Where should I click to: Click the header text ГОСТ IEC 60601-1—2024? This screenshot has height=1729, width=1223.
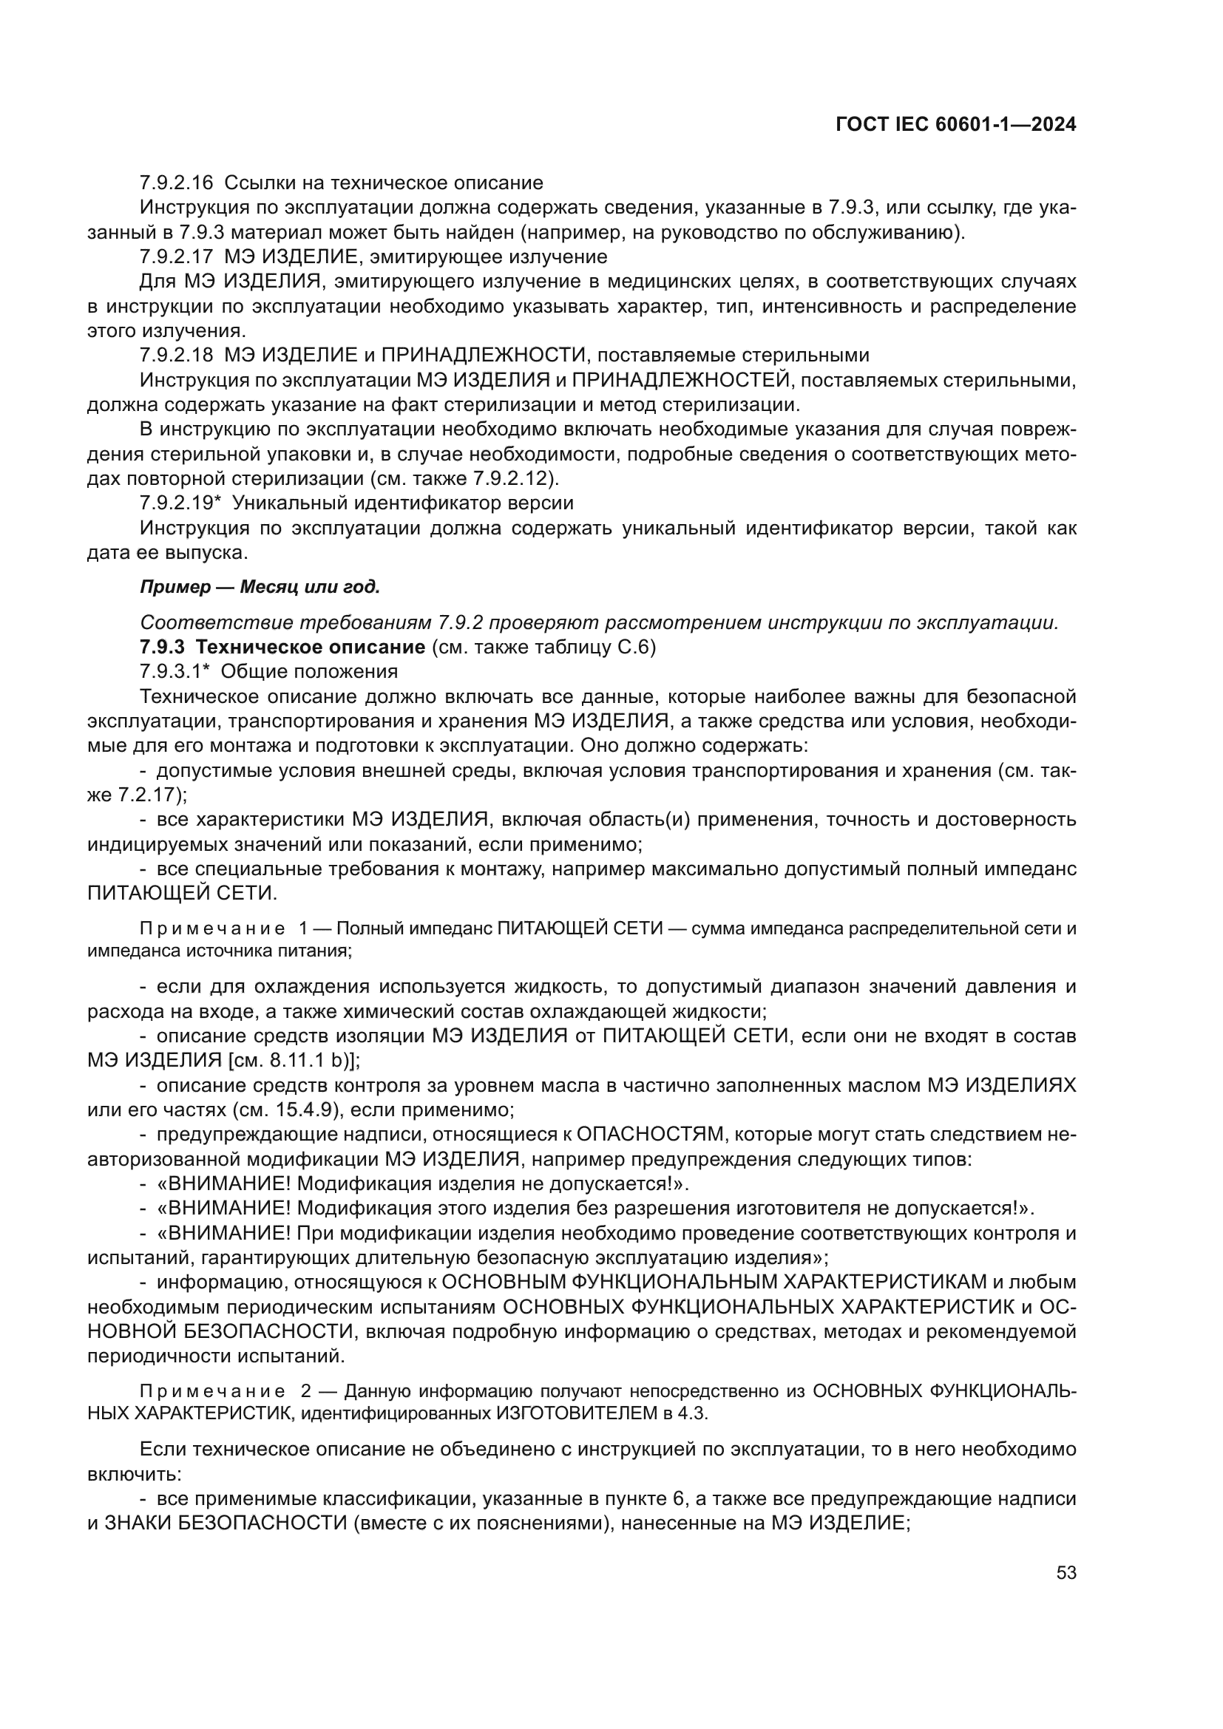click(955, 125)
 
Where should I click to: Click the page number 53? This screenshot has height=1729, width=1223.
click(1066, 1572)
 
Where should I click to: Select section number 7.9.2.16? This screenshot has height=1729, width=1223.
click(176, 183)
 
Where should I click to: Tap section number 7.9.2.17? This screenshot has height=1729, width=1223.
click(176, 257)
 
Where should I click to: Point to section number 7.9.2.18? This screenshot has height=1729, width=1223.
click(176, 356)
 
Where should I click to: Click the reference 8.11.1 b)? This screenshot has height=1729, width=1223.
click(310, 1060)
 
